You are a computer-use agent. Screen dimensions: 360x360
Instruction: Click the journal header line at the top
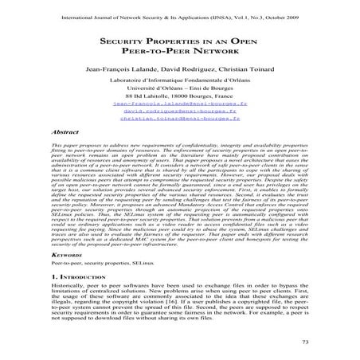pyautogui.click(x=180, y=14)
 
